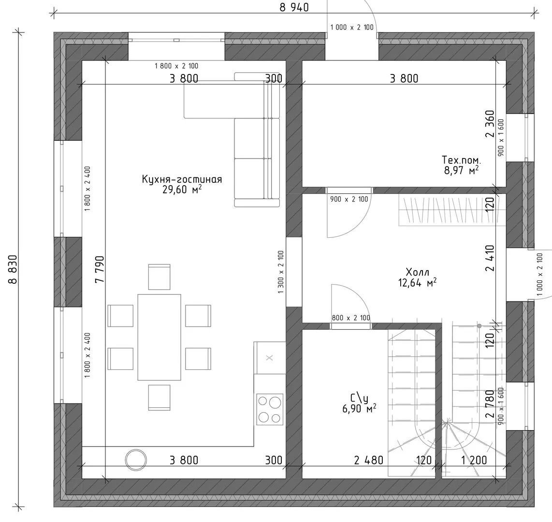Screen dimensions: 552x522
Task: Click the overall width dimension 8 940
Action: point(294,7)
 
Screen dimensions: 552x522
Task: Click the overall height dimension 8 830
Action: point(12,269)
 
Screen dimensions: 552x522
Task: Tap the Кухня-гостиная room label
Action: point(182,179)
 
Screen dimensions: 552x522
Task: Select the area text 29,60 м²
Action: point(182,189)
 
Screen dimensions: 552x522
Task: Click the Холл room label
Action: point(418,272)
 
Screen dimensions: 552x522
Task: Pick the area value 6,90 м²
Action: point(359,408)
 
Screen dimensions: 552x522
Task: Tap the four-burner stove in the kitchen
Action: point(270,409)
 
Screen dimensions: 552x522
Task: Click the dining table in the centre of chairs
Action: point(159,337)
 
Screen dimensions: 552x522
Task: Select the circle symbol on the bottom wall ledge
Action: point(136,459)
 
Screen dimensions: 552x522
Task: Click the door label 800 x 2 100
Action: point(351,318)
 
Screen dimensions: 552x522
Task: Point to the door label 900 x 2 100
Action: point(349,199)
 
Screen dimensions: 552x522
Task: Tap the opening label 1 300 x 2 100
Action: point(280,272)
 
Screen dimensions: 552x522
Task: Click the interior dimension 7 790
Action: point(100,269)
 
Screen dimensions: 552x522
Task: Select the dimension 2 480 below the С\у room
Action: point(369,460)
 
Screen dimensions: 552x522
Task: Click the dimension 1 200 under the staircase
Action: point(474,460)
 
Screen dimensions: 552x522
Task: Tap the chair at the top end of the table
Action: point(159,277)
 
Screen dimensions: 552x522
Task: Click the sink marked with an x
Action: point(269,358)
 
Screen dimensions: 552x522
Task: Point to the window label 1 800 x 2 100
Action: point(176,66)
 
